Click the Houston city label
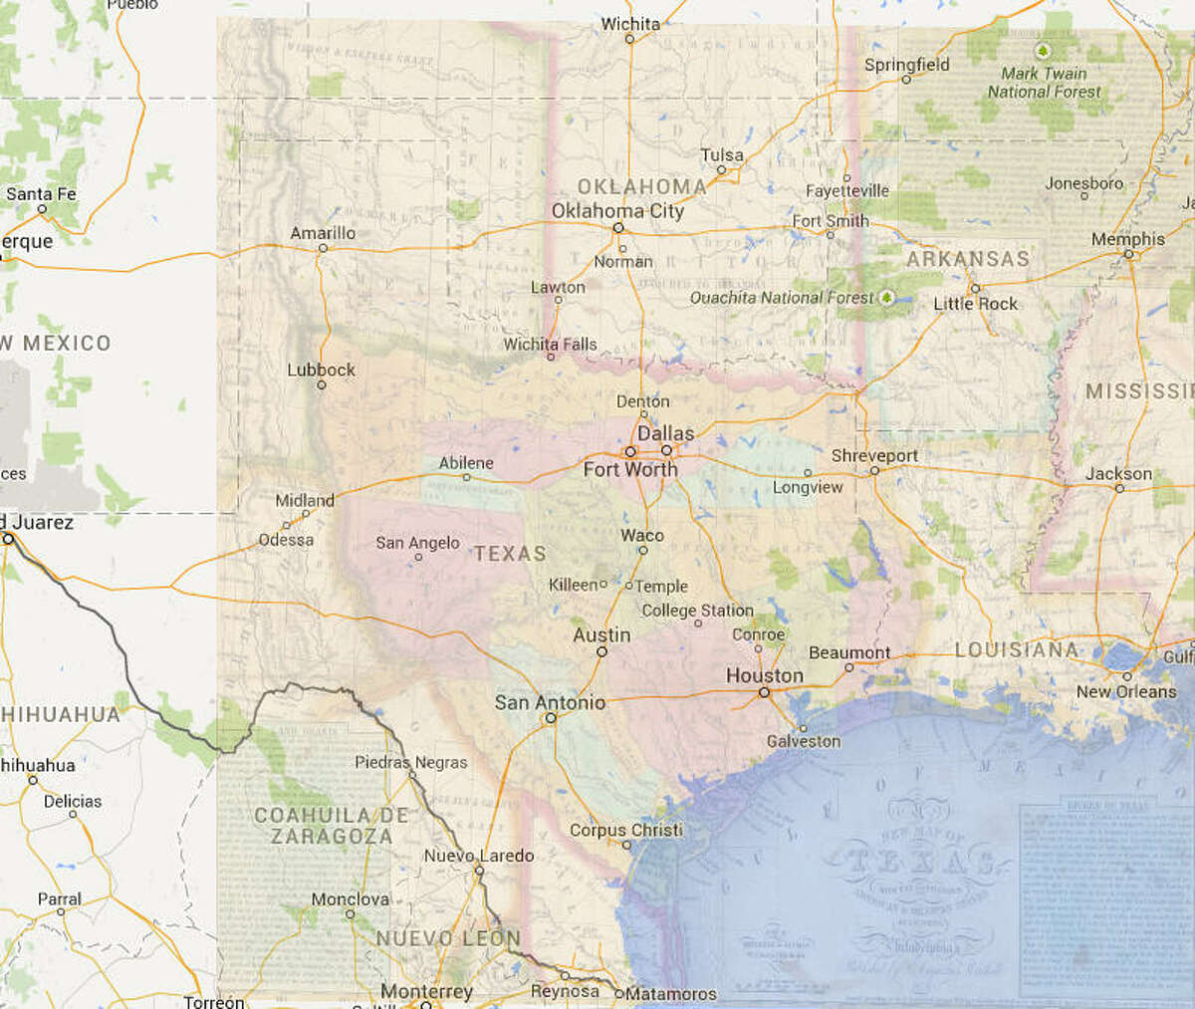click(x=764, y=675)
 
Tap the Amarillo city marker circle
click(x=323, y=248)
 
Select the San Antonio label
click(x=550, y=702)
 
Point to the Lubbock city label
click(x=321, y=370)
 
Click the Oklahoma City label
click(x=617, y=210)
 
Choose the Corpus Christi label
click(x=625, y=830)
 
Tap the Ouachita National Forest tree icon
click(x=885, y=297)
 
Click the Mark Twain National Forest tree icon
click(x=1043, y=50)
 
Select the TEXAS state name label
click(x=510, y=554)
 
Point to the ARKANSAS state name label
click(x=967, y=259)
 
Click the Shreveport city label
click(x=874, y=455)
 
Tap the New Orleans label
click(x=1125, y=691)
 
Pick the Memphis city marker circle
click(x=1129, y=255)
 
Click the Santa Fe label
click(x=41, y=194)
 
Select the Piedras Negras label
click(x=410, y=762)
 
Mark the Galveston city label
click(x=803, y=741)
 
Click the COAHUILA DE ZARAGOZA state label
click(x=331, y=826)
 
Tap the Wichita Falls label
click(x=550, y=345)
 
